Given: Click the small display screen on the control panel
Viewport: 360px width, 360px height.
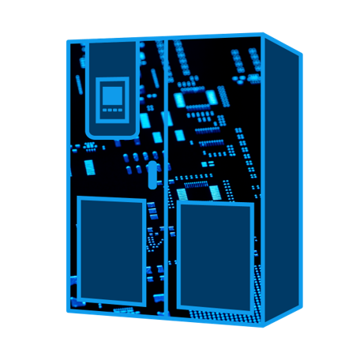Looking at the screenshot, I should (112, 97).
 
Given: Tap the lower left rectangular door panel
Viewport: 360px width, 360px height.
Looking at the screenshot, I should (111, 251).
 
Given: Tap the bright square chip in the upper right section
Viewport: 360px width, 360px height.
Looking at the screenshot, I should (211, 96).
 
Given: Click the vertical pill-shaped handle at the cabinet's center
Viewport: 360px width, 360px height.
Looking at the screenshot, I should (152, 173).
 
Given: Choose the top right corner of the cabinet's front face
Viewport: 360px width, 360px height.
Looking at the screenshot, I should (263, 35).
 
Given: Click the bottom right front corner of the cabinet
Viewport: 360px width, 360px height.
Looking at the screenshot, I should (264, 324).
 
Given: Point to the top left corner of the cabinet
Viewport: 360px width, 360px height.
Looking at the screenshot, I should (69, 42).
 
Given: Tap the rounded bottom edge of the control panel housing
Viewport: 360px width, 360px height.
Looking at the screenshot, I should (112, 135).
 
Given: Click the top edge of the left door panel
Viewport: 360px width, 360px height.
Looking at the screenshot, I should (111, 199).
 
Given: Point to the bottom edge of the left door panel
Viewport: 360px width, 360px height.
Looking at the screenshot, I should (111, 304).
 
